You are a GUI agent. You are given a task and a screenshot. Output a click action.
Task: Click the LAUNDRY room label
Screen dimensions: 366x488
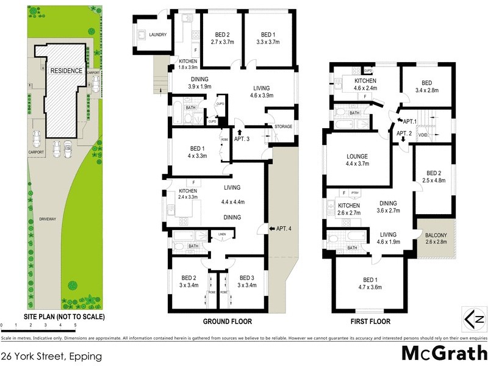coord(157,35)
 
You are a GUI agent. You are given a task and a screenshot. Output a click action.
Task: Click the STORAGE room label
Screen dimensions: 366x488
coord(283,126)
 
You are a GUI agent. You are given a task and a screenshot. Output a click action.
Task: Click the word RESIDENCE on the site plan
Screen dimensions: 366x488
coord(66,71)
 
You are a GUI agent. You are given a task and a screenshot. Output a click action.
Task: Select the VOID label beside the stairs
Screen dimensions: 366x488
coord(423,135)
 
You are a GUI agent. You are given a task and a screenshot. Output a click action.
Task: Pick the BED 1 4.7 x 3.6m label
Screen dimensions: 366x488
coord(368,282)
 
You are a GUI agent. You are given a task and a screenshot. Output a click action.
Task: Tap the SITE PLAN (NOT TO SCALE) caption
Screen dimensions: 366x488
coord(64,317)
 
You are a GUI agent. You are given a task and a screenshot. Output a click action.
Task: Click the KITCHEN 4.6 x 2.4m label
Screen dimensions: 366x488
coord(365,84)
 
